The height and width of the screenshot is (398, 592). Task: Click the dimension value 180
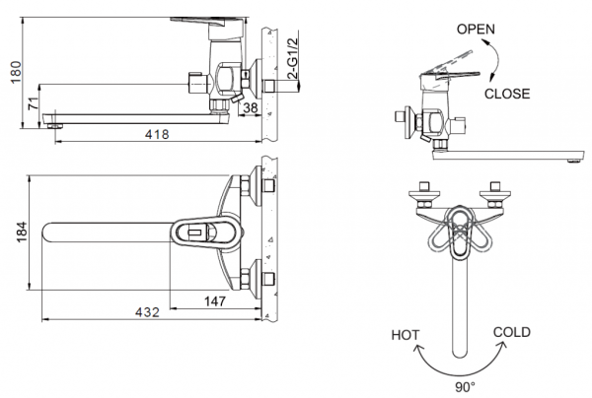tap(11, 72)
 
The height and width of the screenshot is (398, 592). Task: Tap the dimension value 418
tap(156, 135)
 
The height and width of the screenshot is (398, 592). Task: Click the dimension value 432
tap(145, 311)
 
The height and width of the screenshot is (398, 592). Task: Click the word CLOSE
tap(507, 94)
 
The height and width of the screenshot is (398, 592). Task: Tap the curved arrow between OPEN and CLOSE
tap(495, 61)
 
